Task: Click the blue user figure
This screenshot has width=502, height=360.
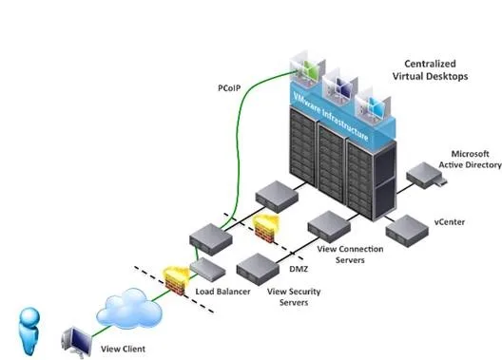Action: (29, 331)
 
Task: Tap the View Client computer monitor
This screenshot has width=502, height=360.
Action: (77, 341)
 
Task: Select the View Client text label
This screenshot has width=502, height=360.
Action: (123, 349)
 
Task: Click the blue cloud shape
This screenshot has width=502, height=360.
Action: (129, 309)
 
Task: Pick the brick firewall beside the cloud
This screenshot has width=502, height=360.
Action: (176, 280)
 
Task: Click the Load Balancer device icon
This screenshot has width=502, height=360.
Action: (207, 270)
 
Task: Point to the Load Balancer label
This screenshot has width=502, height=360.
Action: (222, 292)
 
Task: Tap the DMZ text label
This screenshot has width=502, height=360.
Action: (299, 269)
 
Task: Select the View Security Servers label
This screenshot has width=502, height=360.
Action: (294, 296)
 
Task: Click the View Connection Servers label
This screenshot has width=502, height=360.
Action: (350, 255)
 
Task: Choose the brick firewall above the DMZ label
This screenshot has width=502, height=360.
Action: (266, 228)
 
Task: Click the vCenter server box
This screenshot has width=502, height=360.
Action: (407, 231)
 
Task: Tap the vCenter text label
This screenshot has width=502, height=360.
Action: (450, 222)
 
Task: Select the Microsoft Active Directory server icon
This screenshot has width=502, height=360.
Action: (427, 176)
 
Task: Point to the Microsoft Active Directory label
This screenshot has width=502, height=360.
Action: (470, 160)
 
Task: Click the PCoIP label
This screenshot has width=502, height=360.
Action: (229, 88)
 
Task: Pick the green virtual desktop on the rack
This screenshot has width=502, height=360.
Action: (306, 69)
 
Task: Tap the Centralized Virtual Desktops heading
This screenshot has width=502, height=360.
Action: (430, 70)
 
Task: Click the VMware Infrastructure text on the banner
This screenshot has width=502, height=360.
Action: (331, 117)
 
